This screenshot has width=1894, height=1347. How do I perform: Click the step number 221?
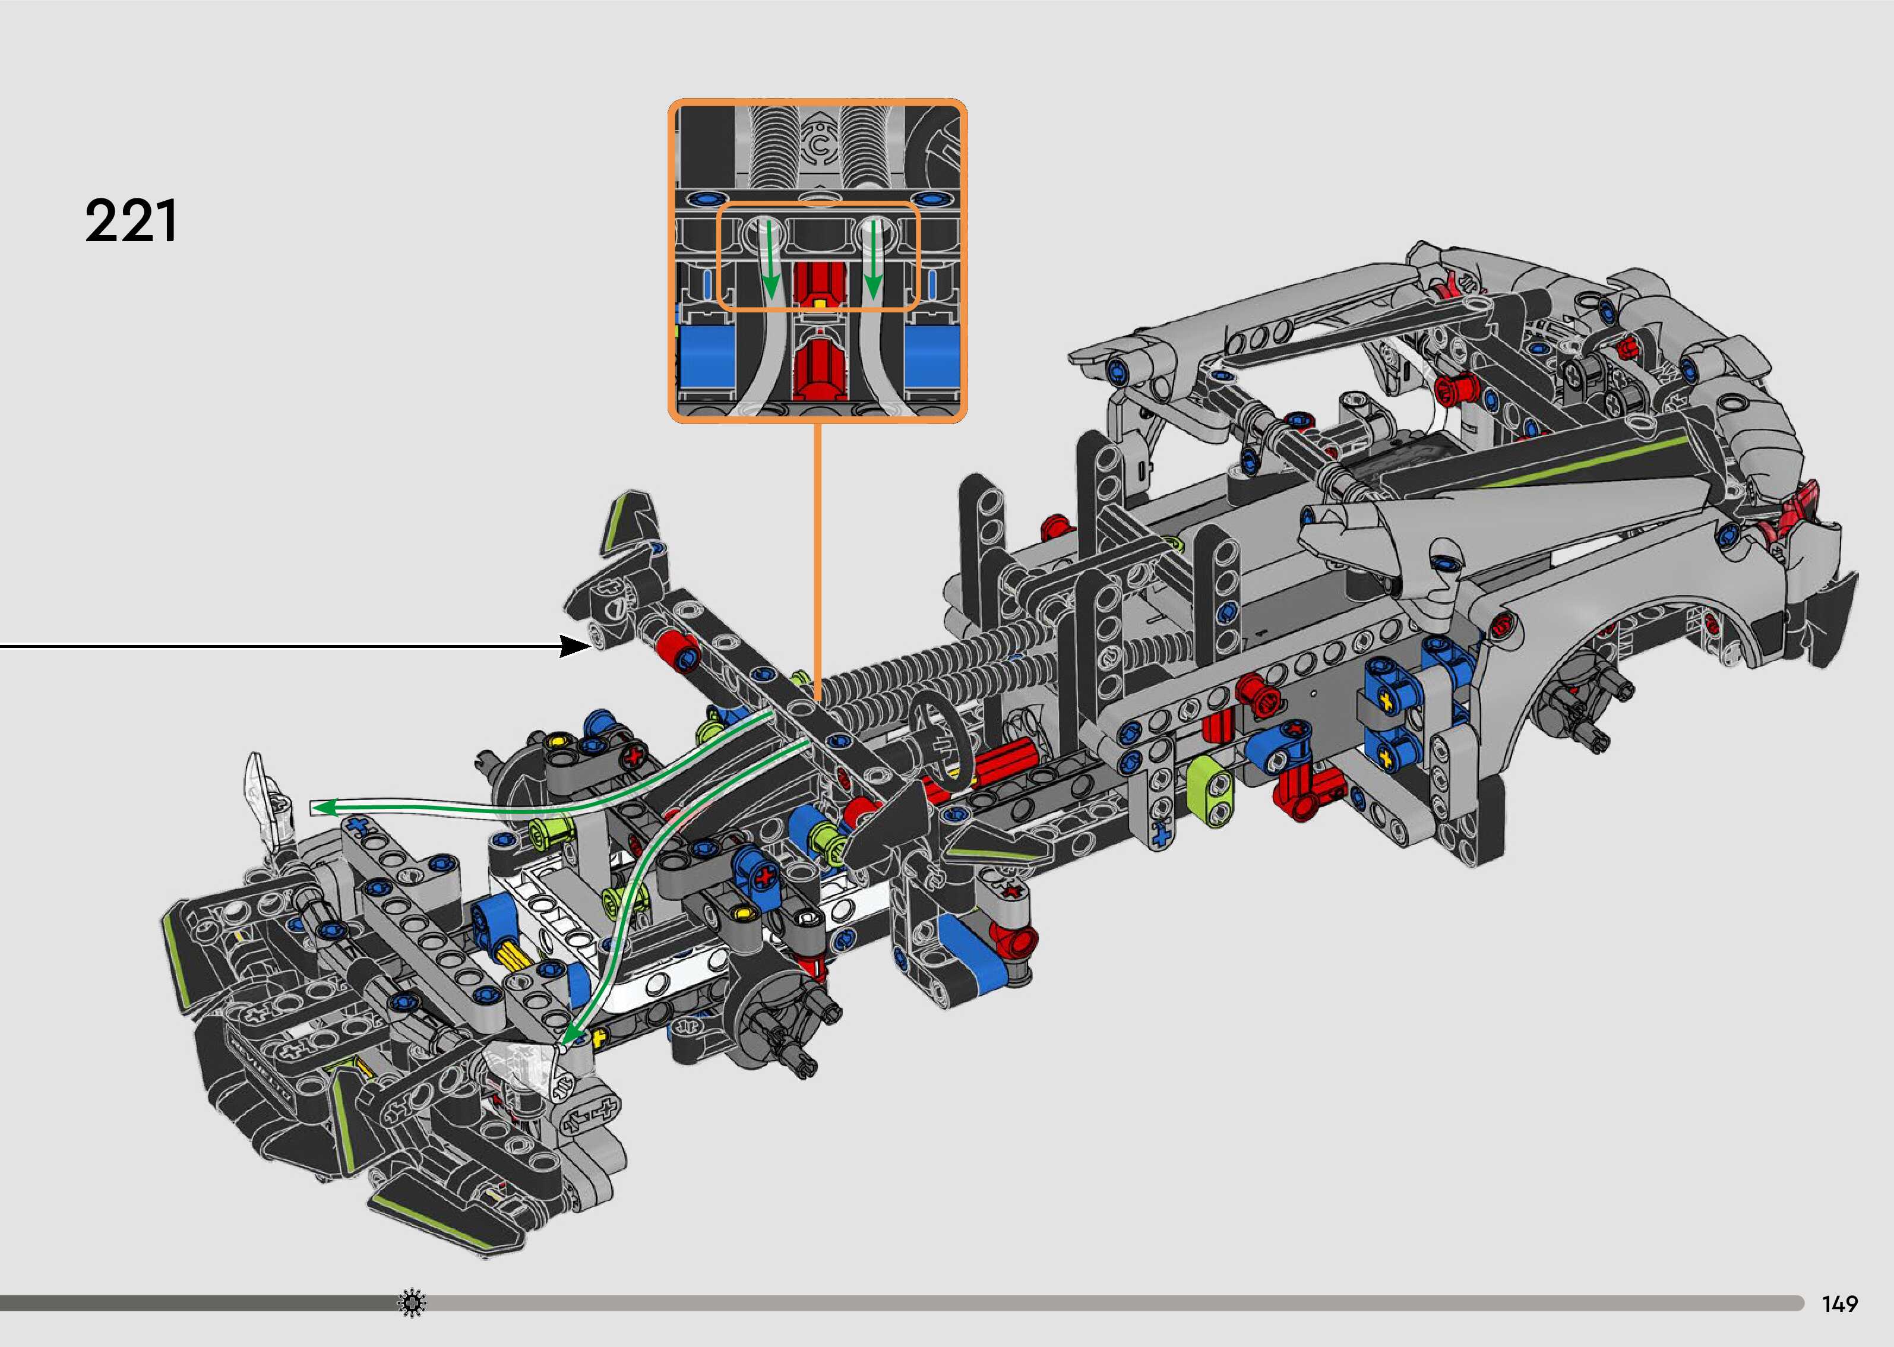[131, 222]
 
